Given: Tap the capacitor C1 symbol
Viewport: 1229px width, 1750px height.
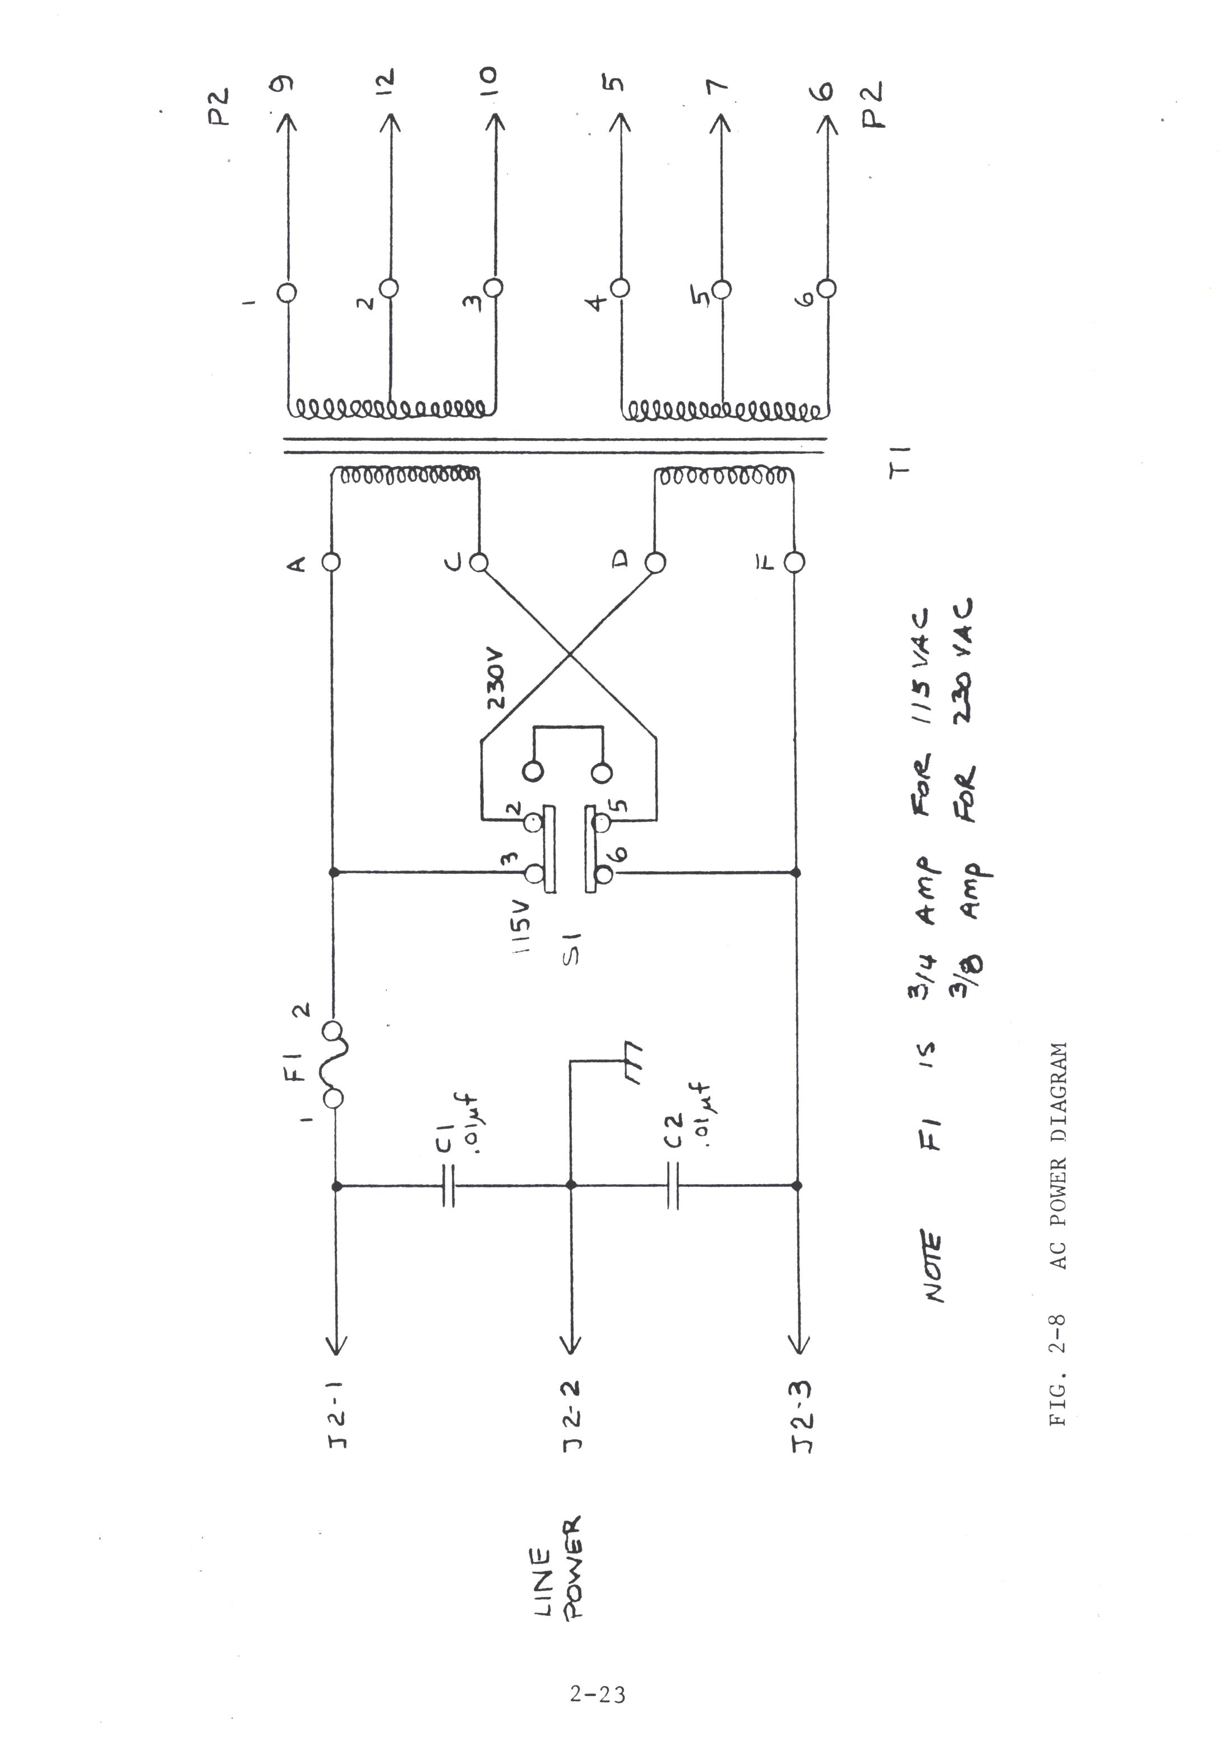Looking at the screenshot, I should pyautogui.click(x=448, y=1185).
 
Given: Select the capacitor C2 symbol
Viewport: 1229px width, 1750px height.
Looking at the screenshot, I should pyautogui.click(x=672, y=1185).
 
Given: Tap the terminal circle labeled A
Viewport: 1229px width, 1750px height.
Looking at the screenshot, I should pyautogui.click(x=332, y=563).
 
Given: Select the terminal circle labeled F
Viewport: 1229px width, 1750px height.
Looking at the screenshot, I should pyautogui.click(x=794, y=563).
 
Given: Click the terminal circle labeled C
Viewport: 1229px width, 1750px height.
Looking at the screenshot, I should pyautogui.click(x=478, y=563).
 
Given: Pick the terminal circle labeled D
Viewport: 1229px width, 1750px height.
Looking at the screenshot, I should pyautogui.click(x=654, y=563).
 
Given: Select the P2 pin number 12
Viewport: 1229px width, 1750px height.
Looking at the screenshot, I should pyautogui.click(x=386, y=81).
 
